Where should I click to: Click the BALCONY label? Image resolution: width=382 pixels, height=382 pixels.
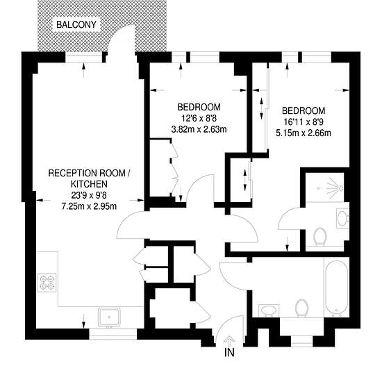tap(76, 24)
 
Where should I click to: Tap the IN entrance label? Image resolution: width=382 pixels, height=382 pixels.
tap(229, 352)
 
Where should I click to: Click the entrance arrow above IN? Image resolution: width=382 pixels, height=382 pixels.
tap(229, 340)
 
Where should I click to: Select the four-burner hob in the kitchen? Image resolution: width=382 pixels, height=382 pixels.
tap(47, 283)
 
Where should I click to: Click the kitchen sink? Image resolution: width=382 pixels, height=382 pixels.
tap(109, 317)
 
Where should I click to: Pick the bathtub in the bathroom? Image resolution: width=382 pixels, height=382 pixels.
tap(337, 288)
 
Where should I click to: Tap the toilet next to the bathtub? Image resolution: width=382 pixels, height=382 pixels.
tap(302, 308)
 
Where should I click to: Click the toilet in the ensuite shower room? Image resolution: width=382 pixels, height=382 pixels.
tap(320, 237)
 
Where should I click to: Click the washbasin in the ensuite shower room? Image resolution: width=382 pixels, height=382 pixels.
tap(342, 218)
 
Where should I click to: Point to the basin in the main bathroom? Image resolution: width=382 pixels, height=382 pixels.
tap(269, 310)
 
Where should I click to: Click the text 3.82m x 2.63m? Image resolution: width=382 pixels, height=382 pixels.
tap(199, 129)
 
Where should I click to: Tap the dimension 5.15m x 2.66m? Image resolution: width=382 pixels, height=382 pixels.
tap(304, 133)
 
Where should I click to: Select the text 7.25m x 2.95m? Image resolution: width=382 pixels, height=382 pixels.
tap(89, 206)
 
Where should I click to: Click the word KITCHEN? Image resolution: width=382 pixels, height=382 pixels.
tap(89, 184)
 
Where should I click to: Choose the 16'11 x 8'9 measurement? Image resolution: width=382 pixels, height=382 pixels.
tap(304, 122)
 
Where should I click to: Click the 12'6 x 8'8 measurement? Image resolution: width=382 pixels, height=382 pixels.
tap(199, 118)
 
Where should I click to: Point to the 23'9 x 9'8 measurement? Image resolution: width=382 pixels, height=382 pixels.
tap(89, 195)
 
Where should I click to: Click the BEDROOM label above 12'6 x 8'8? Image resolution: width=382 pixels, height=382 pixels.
tap(199, 107)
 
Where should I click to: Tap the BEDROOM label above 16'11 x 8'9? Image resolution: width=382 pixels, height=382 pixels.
tap(304, 111)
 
